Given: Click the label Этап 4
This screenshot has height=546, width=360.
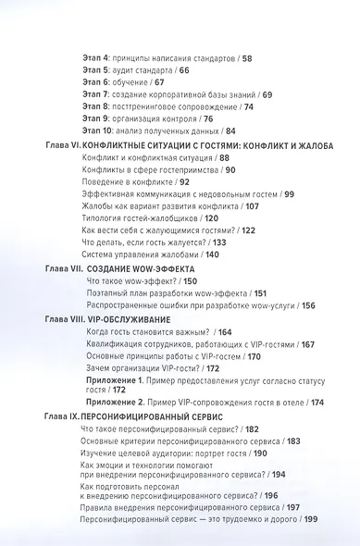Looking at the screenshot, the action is (x=94, y=57).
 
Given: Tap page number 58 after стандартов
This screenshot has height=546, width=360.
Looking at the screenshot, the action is (x=245, y=57).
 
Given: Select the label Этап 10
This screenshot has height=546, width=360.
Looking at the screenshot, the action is (x=97, y=130).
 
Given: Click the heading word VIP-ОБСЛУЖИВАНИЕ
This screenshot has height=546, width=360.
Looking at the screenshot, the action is (x=120, y=318).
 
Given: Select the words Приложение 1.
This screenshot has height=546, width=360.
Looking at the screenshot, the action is (x=114, y=379).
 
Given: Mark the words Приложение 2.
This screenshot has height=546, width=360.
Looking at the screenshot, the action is (x=114, y=403).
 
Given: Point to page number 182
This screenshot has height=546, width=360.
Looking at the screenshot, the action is (x=254, y=429).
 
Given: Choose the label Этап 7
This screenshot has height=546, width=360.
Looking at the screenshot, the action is (x=94, y=93).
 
